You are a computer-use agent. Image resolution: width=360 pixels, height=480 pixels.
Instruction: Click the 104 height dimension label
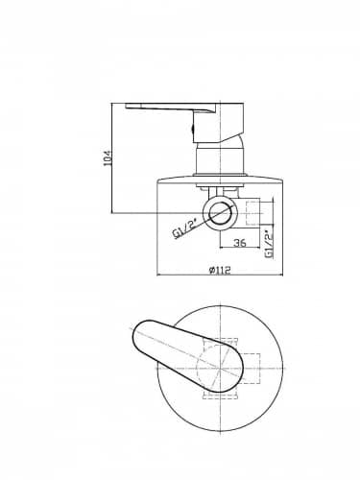pos(108,157)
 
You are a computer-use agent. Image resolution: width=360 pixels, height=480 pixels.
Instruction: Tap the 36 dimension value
pos(240,243)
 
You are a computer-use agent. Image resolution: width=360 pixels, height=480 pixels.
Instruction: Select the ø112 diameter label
pos(220,271)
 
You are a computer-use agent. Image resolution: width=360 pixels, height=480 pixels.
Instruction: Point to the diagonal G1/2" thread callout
pos(184,230)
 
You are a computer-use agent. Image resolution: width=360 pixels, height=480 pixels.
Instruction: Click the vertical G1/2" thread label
pos(269,244)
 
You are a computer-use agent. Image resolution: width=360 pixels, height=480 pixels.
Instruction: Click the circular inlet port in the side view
pos(220,213)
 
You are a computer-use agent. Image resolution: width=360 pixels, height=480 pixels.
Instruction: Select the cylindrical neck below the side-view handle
pos(220,159)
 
